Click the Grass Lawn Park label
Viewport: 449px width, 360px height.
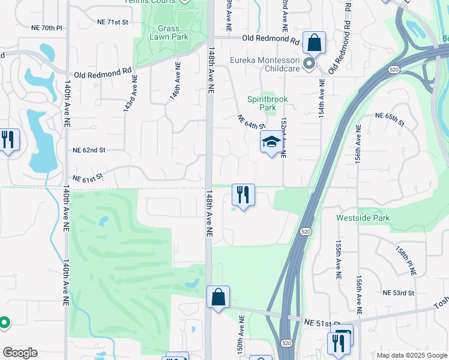pyautogui.click(x=173, y=32)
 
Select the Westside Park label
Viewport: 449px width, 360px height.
pyautogui.click(x=363, y=218)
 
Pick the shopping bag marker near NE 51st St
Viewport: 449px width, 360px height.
pyautogui.click(x=218, y=297)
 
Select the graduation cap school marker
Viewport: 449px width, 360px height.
pyautogui.click(x=271, y=143)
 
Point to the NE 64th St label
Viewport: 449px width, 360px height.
pyautogui.click(x=251, y=122)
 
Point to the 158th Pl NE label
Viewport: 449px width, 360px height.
pyautogui.click(x=405, y=260)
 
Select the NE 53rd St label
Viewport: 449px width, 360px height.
pyautogui.click(x=399, y=292)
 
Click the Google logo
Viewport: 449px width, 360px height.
pyautogui.click(x=20, y=353)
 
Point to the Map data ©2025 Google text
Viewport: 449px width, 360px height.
pyautogui.click(x=411, y=355)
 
